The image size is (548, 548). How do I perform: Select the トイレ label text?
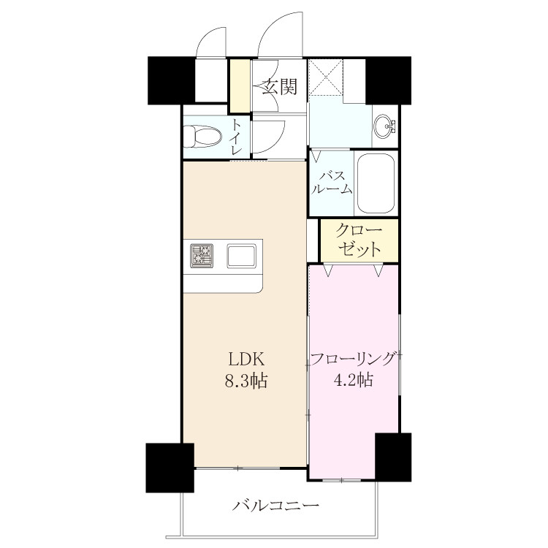click(x=236, y=137)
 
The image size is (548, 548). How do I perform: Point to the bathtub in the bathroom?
click(x=376, y=183)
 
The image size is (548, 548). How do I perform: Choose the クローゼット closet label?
click(x=359, y=240)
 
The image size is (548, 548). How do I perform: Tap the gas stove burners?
click(x=202, y=256)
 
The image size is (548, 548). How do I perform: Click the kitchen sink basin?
click(x=241, y=256)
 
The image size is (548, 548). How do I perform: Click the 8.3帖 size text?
click(x=246, y=381)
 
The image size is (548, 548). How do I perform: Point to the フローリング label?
click(x=354, y=359)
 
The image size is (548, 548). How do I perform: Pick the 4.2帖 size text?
click(x=354, y=380)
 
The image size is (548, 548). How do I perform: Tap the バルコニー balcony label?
click(x=275, y=506)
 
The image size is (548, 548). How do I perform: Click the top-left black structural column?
click(x=171, y=80)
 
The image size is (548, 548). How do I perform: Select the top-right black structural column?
click(x=388, y=80)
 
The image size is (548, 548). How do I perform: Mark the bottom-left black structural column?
click(x=170, y=468)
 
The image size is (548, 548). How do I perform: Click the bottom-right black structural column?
click(x=393, y=457)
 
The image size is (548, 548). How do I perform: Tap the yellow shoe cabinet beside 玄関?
click(x=240, y=85)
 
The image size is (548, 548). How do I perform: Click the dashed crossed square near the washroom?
click(x=327, y=77)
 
